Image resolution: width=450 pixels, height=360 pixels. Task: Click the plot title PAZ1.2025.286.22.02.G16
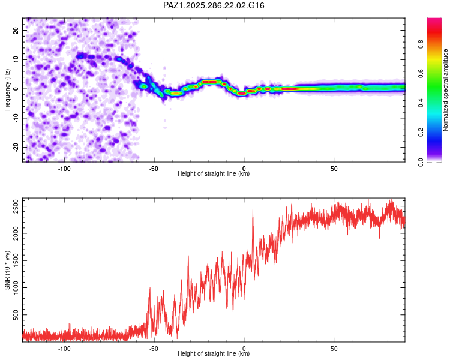click(x=214, y=5)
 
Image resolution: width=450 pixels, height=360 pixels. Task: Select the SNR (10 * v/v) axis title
click(x=8, y=269)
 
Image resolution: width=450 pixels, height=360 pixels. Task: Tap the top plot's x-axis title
click(x=214, y=174)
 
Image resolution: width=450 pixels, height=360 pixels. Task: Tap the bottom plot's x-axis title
click(x=214, y=354)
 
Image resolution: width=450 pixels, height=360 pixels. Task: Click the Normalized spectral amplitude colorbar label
click(x=446, y=90)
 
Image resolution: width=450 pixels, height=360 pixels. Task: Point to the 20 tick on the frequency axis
click(x=16, y=29)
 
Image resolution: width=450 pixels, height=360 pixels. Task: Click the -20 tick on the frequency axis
click(x=15, y=147)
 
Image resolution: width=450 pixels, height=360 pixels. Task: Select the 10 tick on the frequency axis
click(x=16, y=59)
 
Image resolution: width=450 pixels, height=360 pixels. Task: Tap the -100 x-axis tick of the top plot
click(x=64, y=168)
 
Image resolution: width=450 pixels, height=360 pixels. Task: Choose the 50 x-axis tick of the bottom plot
click(x=334, y=348)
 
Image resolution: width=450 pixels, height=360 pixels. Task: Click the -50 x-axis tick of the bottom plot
click(x=154, y=348)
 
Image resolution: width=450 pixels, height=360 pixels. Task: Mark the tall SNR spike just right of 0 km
click(x=253, y=211)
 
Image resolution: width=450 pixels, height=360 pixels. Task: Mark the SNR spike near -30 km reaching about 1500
click(x=188, y=257)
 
